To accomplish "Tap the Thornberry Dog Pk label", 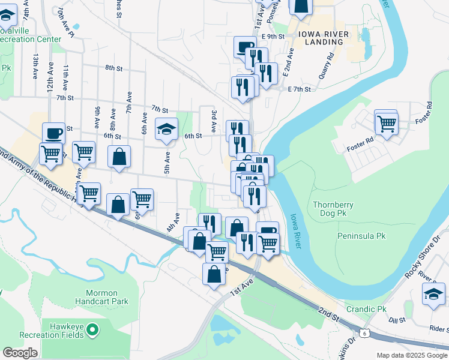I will [333, 209].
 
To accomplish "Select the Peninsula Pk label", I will [360, 236].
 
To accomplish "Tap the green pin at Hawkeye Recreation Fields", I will [92, 329].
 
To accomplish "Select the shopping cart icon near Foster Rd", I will [387, 124].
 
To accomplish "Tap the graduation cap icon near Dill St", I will [433, 293].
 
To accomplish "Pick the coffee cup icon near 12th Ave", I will [53, 133].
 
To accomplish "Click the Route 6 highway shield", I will [364, 332].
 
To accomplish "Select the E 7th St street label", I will [299, 89].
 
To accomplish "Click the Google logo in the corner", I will [20, 353].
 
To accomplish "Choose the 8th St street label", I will [113, 68].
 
